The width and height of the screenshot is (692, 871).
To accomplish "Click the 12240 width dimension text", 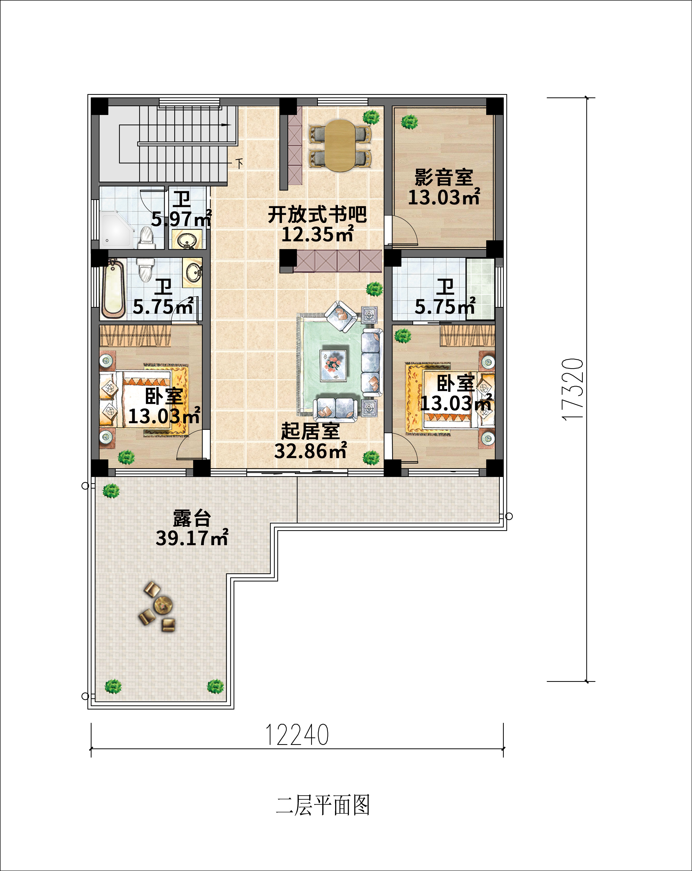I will click(x=297, y=735).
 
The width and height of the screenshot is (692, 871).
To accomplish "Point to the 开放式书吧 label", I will click(x=317, y=214).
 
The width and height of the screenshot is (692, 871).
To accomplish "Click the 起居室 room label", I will click(x=310, y=431).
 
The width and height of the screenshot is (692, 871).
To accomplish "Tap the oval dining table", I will click(x=340, y=145).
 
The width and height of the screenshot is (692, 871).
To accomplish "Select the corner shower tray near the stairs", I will click(x=116, y=229).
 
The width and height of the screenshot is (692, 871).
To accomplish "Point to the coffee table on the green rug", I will click(x=333, y=365).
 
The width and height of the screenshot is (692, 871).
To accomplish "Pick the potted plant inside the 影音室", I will click(x=409, y=121).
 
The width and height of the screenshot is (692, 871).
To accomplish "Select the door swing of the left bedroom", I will click(x=191, y=446).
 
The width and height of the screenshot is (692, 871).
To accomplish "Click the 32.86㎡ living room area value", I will click(x=310, y=451).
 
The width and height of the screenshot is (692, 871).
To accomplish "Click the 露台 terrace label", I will click(x=192, y=518).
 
